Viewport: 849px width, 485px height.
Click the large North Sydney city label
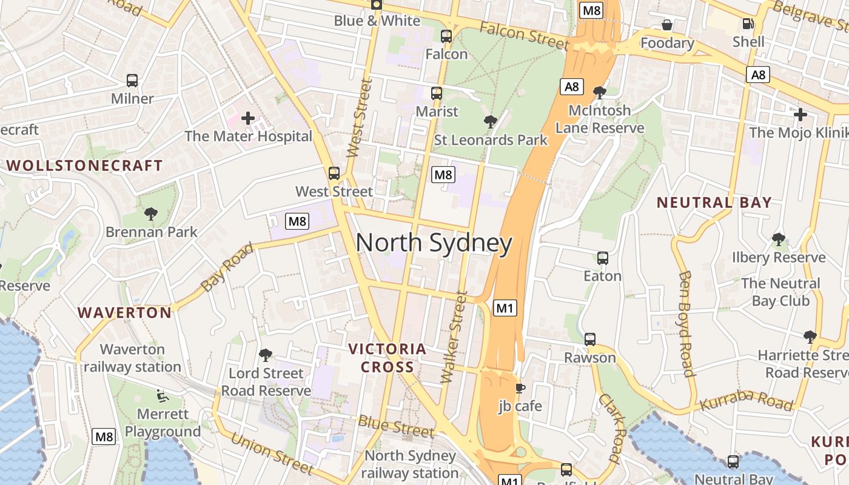pos(434,243)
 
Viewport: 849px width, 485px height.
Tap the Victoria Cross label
pos(388,358)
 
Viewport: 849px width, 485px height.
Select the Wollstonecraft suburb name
pos(84,166)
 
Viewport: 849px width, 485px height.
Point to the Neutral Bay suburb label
pos(714,202)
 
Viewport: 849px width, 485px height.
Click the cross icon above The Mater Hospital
pos(247,118)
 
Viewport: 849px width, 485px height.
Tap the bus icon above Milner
pos(132,80)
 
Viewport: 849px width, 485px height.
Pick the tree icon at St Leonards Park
pos(490,122)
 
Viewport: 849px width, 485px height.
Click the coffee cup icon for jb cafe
pos(520,388)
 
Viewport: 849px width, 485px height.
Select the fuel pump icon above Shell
pos(748,24)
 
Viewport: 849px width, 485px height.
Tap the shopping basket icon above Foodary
pos(667,25)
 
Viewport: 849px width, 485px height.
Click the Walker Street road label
pos(454,337)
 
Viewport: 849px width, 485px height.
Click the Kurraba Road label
pos(746,401)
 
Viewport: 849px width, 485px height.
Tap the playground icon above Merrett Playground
pos(161,395)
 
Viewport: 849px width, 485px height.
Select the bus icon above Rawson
pos(590,339)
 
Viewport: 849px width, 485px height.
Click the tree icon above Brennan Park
pos(151,213)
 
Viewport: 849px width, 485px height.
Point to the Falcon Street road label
pos(525,35)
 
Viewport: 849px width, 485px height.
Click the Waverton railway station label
pos(132,358)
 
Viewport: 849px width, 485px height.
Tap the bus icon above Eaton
pos(602,258)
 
